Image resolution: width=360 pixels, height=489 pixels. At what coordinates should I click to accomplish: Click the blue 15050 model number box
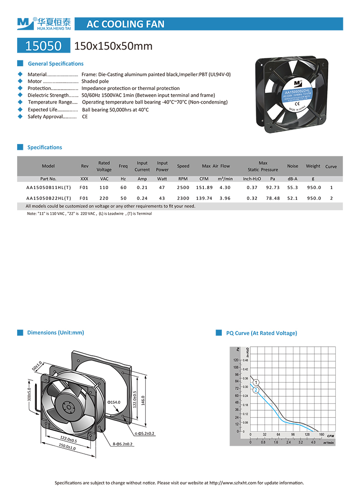tap(44, 45)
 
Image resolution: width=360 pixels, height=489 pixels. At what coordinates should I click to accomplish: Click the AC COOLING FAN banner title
tap(125, 24)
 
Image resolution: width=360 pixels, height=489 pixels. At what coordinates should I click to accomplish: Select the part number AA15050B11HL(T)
tap(49, 187)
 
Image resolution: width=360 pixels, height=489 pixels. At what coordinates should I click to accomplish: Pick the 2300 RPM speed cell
tap(183, 198)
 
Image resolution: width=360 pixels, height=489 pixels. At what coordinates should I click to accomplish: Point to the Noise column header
tap(292, 166)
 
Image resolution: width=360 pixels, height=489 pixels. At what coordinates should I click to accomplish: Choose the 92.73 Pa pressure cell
tap(273, 187)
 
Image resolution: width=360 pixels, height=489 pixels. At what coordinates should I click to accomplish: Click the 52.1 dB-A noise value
tap(292, 198)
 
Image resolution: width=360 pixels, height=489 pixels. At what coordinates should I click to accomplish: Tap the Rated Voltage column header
tap(104, 166)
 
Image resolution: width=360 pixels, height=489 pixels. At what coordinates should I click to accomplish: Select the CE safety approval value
tap(85, 117)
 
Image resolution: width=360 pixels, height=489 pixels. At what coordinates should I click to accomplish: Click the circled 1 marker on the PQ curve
tap(256, 383)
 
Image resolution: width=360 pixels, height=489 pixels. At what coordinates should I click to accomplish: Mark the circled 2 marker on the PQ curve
tap(256, 390)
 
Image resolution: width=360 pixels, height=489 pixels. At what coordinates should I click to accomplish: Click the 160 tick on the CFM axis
tap(321, 435)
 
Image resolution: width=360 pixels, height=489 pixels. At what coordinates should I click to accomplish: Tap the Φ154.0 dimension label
tap(115, 402)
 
